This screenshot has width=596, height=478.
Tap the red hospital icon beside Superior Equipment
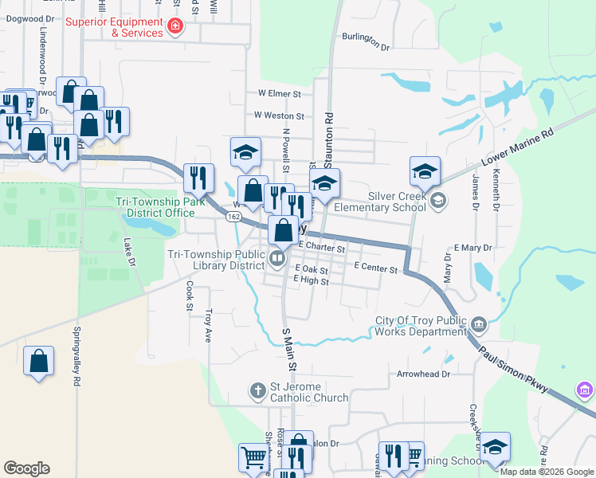175,28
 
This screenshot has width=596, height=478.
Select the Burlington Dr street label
366,41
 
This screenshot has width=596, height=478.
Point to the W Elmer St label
279,93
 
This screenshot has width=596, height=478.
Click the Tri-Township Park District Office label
155,207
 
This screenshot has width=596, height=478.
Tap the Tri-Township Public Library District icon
277,257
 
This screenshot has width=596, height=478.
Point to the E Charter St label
321,249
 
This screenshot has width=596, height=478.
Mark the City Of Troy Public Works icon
479,323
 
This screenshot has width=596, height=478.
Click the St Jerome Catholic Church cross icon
257,390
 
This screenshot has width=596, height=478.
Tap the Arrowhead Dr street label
423,373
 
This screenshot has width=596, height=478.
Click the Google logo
27,468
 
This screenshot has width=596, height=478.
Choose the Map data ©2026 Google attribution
547,472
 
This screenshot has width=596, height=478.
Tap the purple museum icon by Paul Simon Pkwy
584,391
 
